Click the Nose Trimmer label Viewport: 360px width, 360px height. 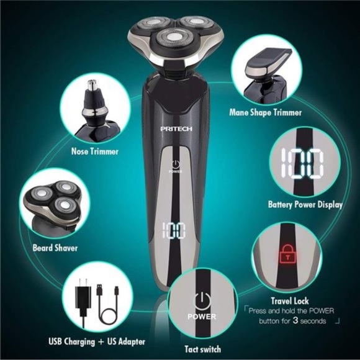(94, 151)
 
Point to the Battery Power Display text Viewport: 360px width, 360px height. (305, 204)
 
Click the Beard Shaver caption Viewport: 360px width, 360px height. (55, 248)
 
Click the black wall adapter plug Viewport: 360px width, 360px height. (82, 298)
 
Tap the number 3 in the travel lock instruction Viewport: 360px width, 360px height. (287, 321)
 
